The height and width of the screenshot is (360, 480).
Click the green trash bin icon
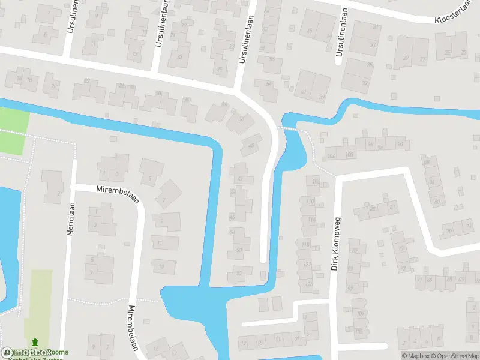(34, 342)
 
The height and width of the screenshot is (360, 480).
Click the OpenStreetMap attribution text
(454, 356)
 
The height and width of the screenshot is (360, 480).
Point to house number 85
(373, 209)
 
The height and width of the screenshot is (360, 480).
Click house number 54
(268, 83)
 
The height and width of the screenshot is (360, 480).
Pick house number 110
(310, 201)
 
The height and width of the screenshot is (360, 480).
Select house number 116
(311, 220)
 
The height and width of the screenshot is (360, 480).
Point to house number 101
(360, 314)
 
